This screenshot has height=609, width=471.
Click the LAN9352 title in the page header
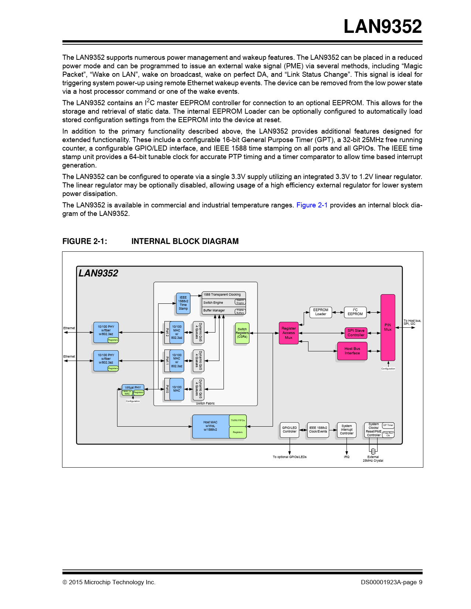click(x=383, y=27)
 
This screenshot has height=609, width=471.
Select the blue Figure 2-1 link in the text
click(x=312, y=205)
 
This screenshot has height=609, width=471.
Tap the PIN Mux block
click(x=388, y=327)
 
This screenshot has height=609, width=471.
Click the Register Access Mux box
click(x=289, y=333)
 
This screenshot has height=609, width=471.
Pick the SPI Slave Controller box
click(x=356, y=333)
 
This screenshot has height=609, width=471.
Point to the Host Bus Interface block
click(x=352, y=351)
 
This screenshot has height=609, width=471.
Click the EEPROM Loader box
click(x=320, y=312)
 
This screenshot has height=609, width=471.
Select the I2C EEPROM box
click(x=355, y=312)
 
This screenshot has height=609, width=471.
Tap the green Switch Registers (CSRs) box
click(x=242, y=333)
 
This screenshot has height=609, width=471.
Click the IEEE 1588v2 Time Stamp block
click(x=183, y=303)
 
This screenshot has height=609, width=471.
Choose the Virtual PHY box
click(x=133, y=388)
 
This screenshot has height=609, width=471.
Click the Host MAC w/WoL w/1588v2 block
click(x=211, y=426)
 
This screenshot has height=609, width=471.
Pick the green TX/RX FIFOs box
click(x=238, y=420)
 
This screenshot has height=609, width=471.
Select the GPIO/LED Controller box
click(x=289, y=430)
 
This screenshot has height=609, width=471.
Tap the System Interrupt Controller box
click(x=347, y=430)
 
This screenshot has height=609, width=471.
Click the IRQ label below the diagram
click(x=347, y=457)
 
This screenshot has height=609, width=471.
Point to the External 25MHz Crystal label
click(x=373, y=459)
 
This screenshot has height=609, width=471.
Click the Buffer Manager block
click(x=214, y=310)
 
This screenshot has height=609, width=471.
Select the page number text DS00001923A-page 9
click(x=391, y=582)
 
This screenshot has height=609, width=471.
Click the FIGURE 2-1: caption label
click(x=85, y=241)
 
